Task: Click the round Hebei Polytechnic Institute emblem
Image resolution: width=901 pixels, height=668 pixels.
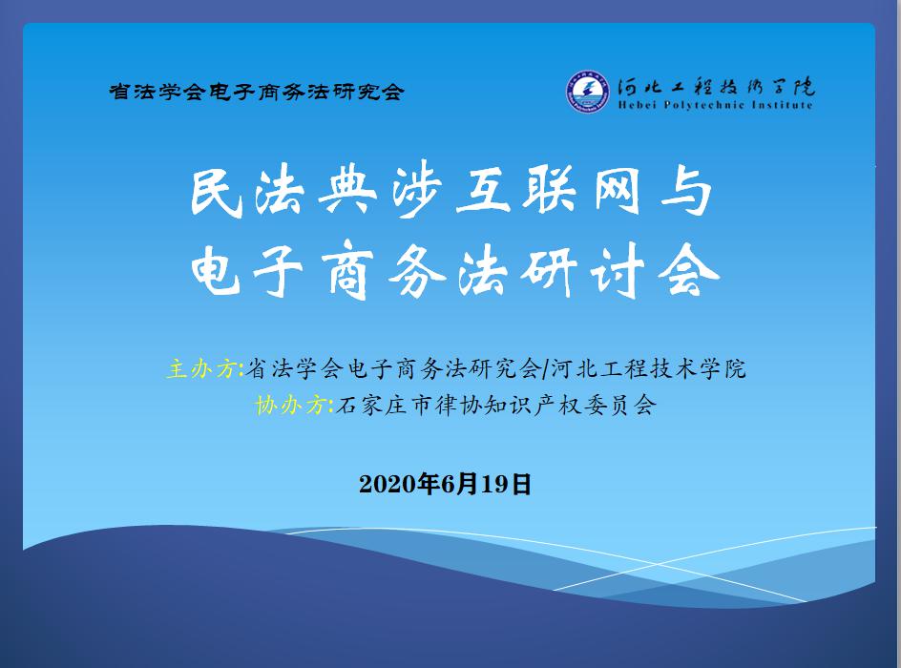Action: pos(587,91)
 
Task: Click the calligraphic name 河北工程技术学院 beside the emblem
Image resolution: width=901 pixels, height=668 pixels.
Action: pos(716,86)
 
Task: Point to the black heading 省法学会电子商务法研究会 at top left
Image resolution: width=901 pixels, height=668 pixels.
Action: pos(257,92)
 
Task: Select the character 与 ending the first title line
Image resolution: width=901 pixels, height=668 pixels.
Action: pos(686,192)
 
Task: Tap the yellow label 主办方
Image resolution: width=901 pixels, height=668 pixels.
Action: pos(201,368)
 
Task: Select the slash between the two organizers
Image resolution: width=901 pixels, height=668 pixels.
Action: pos(545,368)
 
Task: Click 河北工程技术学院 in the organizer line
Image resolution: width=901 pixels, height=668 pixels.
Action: pos(648,368)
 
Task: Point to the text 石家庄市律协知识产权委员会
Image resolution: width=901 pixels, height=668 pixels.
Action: pos(496,405)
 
